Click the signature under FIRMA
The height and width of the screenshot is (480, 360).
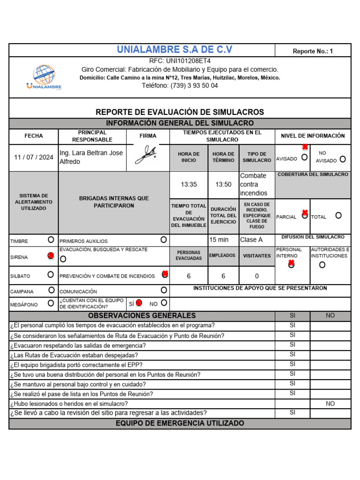(x=146, y=155)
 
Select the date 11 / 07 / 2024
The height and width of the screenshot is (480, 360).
(x=34, y=157)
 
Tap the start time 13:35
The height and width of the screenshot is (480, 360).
(x=189, y=184)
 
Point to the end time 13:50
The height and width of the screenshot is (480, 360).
(x=223, y=184)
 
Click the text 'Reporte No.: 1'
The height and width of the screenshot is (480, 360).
(x=313, y=51)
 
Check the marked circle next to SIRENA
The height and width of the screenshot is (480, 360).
(x=51, y=256)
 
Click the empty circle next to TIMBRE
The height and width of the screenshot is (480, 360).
(x=51, y=240)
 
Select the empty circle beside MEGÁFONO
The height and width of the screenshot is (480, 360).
(x=51, y=303)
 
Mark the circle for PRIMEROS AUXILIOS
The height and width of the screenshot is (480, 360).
(x=164, y=240)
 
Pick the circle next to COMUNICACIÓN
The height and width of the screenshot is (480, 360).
(x=164, y=290)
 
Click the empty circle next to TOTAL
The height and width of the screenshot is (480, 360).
(x=338, y=215)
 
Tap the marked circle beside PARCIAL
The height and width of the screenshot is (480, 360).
(x=305, y=215)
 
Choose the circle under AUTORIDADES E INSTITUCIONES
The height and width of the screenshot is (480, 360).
(x=322, y=265)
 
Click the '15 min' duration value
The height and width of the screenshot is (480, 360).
(x=219, y=240)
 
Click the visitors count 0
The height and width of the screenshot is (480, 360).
(x=256, y=276)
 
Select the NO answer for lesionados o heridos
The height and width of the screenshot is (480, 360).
(x=330, y=403)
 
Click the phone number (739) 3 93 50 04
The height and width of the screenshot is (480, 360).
(x=180, y=85)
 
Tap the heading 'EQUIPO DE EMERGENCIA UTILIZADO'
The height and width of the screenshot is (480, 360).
(x=180, y=423)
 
